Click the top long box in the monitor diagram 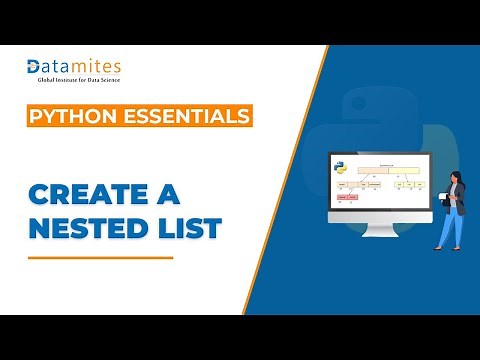[378, 170]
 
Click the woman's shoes [445, 248]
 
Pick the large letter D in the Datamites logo [35, 67]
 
